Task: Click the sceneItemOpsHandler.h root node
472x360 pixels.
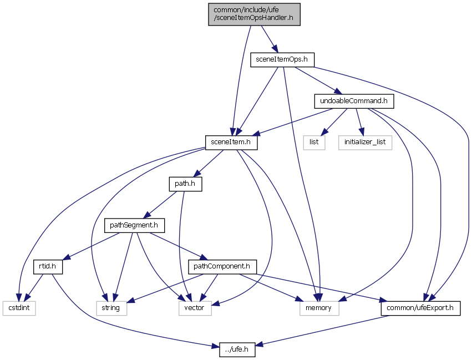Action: (255, 14)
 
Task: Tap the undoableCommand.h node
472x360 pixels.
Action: (354, 102)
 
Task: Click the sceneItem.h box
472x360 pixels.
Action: (231, 143)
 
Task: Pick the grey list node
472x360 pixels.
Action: (314, 143)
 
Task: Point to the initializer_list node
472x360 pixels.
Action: (365, 143)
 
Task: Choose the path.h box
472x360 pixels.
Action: (185, 184)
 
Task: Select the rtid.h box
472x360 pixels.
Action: (48, 267)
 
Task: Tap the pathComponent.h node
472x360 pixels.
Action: (222, 267)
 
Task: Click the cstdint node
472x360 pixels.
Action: (18, 308)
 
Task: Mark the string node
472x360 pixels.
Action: (111, 308)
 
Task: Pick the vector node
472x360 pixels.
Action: (195, 308)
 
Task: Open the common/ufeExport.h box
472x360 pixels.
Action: (420, 308)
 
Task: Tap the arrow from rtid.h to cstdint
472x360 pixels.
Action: (34, 286)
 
